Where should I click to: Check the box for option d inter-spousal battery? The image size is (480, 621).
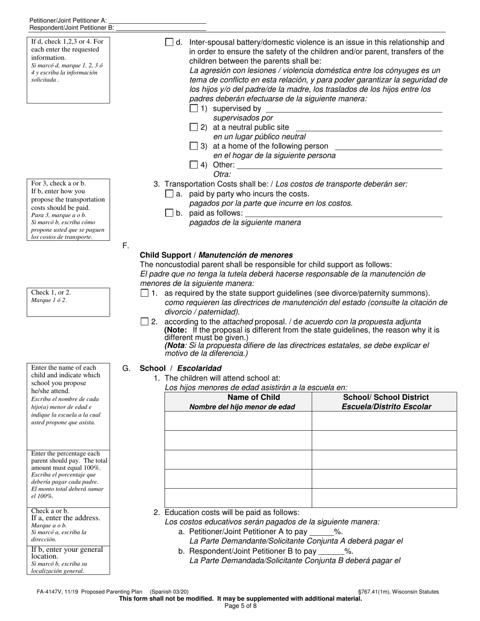pos(169,42)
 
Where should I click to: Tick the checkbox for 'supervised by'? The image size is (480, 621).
pos(194,108)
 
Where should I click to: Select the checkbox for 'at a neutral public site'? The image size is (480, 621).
pos(194,127)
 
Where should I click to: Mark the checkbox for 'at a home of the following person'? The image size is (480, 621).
pos(194,146)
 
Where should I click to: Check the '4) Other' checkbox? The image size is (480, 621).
pos(194,165)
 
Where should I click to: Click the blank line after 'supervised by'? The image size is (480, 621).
pos(353,109)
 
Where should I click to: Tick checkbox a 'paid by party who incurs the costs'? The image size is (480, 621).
pos(169,194)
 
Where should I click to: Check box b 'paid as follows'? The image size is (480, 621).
pos(169,213)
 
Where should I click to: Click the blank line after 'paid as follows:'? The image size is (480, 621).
pos(343,214)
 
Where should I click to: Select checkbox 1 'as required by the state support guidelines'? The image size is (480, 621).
pos(145,293)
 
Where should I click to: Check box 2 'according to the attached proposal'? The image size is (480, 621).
pos(145,322)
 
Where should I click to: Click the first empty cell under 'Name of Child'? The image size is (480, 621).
pos(238,421)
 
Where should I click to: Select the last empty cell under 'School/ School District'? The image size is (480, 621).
pos(384,498)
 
